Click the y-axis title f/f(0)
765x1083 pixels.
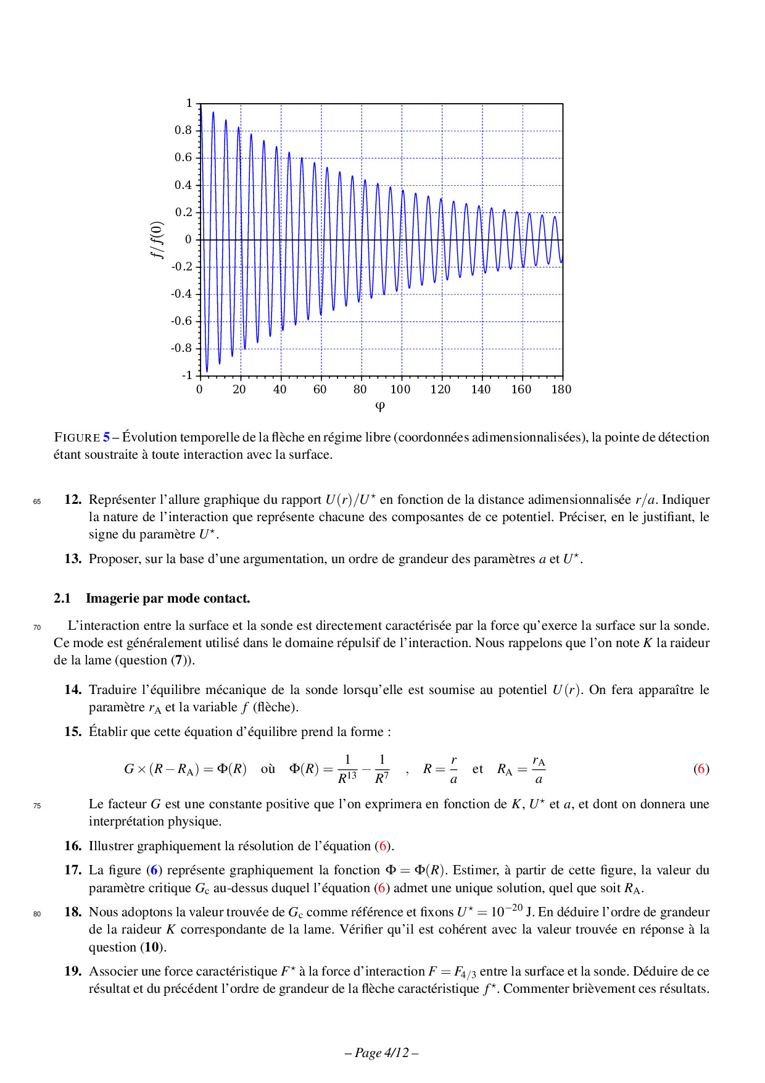pos(158,240)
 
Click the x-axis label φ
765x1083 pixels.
pos(380,406)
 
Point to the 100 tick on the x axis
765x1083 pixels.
pos(400,389)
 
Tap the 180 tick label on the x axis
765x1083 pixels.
pos(561,389)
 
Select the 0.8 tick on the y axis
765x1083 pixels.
pos(183,130)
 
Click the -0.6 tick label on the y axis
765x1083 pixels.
pos(181,321)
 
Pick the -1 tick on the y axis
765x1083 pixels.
pos(186,375)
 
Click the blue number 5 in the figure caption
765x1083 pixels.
pos(107,437)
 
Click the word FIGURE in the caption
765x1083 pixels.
pos(77,437)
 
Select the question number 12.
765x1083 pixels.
pos(73,500)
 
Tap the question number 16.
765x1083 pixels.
pos(73,846)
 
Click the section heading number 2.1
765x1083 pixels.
pos(62,598)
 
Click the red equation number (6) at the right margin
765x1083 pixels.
pos(701,769)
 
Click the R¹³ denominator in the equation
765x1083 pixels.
pos(347,778)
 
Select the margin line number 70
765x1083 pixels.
pos(37,627)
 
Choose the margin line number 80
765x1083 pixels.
pos(37,914)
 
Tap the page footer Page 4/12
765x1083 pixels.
pos(382,1053)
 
